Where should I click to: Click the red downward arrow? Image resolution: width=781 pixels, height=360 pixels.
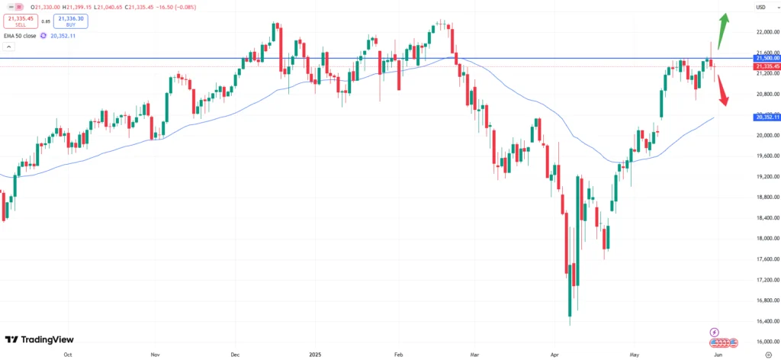pos(722,92)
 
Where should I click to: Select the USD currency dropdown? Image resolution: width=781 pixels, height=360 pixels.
pos(760,7)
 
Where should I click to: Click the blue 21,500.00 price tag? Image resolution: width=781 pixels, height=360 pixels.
pos(766,58)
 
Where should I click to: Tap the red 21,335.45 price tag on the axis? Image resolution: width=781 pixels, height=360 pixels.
pos(766,66)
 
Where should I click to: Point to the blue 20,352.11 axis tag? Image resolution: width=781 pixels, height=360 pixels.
pos(766,117)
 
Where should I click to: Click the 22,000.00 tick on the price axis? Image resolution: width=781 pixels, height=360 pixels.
pos(766,32)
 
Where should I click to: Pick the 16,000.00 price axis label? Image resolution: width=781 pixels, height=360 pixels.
pos(766,342)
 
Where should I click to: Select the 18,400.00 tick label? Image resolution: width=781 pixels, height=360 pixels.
pos(766,218)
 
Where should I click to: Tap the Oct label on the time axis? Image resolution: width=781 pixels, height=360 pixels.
pos(68,355)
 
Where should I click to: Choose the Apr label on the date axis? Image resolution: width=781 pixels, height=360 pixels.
pos(554,355)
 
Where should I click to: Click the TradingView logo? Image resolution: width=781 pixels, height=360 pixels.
pos(40,339)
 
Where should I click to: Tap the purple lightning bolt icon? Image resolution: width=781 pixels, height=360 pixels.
pos(714,333)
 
